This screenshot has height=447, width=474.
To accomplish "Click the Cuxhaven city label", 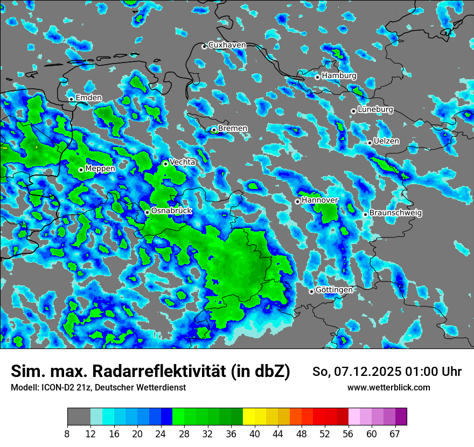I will pos(227,45).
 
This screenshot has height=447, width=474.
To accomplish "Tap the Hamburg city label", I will pos(339,75).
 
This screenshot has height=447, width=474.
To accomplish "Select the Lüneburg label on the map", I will pos(375,109).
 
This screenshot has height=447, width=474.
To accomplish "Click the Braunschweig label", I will pos(395,213).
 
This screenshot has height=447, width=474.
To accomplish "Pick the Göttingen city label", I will pos(334,290).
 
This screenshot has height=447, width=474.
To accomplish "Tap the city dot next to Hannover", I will pos(297,201).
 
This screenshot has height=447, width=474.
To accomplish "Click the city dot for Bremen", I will pos(214,130).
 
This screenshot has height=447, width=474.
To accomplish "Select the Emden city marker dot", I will pos(71,99).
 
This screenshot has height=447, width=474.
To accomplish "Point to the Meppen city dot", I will pos(81,170).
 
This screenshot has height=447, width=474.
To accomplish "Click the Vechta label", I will pos(183,162).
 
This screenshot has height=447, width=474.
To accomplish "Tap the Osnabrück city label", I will pos(171,211).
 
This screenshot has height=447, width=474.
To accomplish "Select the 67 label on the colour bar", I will pos(395,434).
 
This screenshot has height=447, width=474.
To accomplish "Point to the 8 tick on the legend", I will pos(67,434).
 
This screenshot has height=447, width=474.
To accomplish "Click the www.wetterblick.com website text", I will pos(388,387).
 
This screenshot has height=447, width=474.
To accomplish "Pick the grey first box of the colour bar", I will pos(79,417).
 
